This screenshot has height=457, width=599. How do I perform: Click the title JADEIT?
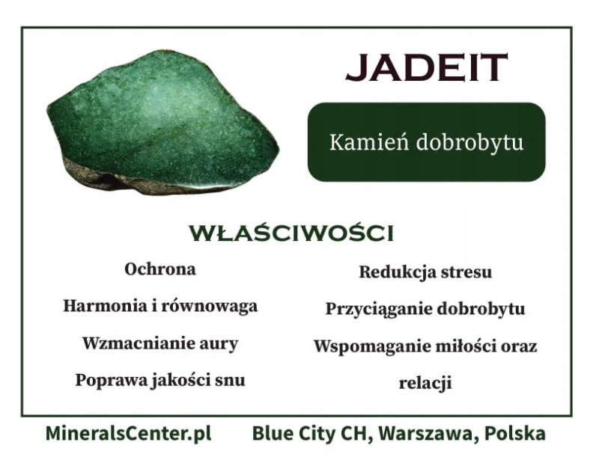pyautogui.click(x=426, y=67)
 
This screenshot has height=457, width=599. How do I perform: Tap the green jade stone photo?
pyautogui.click(x=163, y=122)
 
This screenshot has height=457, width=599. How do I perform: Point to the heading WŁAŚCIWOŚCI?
pyautogui.click(x=291, y=233)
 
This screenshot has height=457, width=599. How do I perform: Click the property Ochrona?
pyautogui.click(x=160, y=269)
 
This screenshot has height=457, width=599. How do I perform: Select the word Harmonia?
pyautogui.click(x=103, y=306)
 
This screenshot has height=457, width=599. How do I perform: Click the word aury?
pyautogui.click(x=219, y=345)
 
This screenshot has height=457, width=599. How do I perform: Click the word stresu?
pyautogui.click(x=466, y=272)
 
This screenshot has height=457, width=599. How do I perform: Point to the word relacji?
pyautogui.click(x=425, y=383)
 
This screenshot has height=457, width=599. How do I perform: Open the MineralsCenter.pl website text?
pyautogui.click(x=128, y=434)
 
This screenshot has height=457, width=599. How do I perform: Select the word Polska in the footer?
pyautogui.click(x=515, y=434)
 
